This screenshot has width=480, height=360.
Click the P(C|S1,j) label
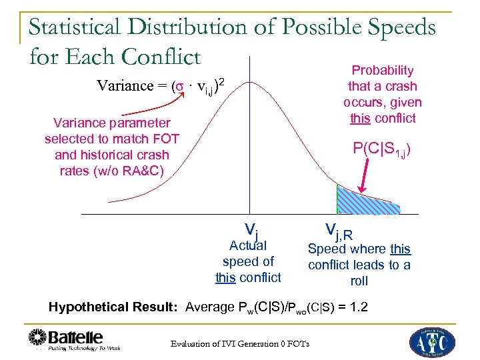(x=382, y=150)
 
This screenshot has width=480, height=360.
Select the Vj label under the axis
(x=251, y=230)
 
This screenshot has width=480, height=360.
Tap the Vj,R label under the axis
(x=339, y=231)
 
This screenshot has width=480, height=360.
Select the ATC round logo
(x=433, y=341)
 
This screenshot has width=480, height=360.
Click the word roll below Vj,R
(x=359, y=281)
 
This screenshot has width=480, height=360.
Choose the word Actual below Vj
(x=248, y=245)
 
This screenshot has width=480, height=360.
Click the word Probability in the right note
(x=383, y=70)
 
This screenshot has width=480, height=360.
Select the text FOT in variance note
(x=157, y=139)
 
